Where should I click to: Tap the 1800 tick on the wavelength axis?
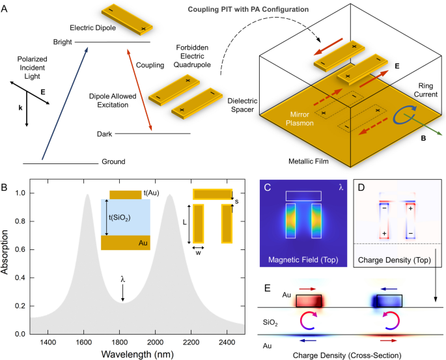(x=122, y=342)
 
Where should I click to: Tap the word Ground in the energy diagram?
(x=113, y=161)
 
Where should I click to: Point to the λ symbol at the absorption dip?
(x=122, y=280)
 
